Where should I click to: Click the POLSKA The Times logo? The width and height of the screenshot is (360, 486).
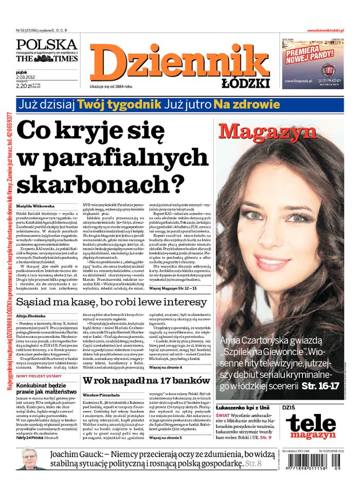(x=46, y=51)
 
